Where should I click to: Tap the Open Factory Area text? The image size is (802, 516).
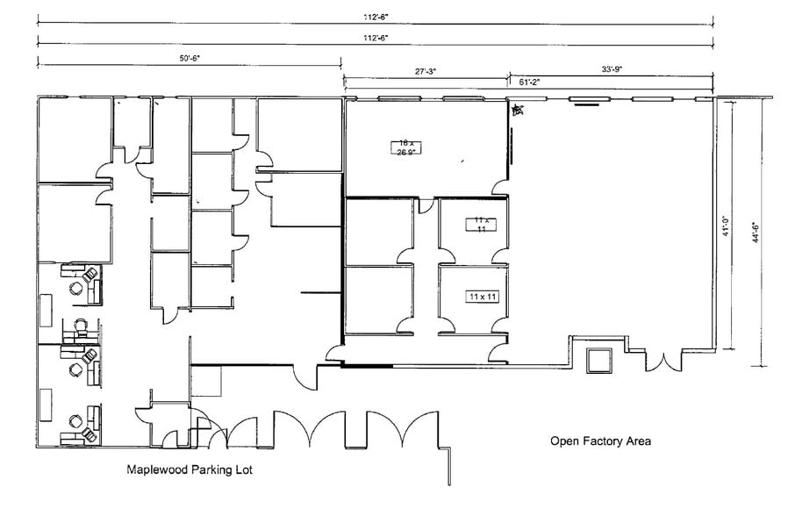[x=600, y=441]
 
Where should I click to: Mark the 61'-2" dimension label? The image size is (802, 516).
[x=530, y=82]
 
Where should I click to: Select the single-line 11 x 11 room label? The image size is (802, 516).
[x=482, y=297]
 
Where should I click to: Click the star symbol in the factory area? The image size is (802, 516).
[x=518, y=110]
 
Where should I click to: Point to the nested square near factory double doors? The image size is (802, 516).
[x=599, y=360]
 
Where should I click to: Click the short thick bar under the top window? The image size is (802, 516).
[x=587, y=104]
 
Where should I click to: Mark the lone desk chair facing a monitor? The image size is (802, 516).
[x=80, y=326]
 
